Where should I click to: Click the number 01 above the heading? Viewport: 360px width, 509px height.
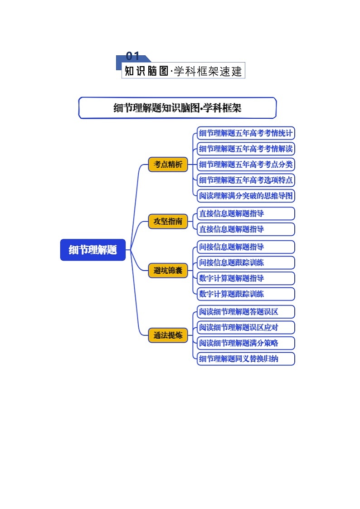click(x=132, y=57)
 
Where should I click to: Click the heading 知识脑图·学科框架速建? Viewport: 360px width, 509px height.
click(x=183, y=71)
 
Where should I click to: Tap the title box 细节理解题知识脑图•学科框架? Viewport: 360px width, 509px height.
click(x=177, y=108)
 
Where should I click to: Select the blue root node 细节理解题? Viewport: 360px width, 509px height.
click(x=93, y=250)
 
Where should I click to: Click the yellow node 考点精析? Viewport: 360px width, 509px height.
click(x=168, y=165)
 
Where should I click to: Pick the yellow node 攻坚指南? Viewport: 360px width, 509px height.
click(x=168, y=222)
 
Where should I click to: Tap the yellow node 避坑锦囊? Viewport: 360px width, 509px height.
click(x=168, y=271)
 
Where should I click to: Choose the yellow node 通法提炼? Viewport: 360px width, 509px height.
click(x=168, y=335)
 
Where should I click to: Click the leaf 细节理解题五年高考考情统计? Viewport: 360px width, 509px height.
click(x=246, y=133)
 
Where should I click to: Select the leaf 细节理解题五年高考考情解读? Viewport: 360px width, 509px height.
click(x=246, y=149)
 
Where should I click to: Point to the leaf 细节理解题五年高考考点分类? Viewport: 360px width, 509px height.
click(x=246, y=165)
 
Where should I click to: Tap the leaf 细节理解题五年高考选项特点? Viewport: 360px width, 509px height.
click(x=246, y=180)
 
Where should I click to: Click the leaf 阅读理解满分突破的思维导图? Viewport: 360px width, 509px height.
click(x=246, y=196)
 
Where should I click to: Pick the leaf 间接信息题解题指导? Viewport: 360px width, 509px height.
click(x=246, y=247)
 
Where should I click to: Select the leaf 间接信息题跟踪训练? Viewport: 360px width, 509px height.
click(x=246, y=262)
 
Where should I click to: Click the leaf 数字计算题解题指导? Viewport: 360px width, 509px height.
click(x=246, y=278)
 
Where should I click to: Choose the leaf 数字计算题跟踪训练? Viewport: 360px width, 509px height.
click(x=246, y=294)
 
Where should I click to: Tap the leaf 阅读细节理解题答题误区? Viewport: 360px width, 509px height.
click(x=246, y=312)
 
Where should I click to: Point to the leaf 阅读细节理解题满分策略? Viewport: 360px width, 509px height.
click(x=246, y=343)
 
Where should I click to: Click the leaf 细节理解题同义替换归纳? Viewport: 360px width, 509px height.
click(x=246, y=359)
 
